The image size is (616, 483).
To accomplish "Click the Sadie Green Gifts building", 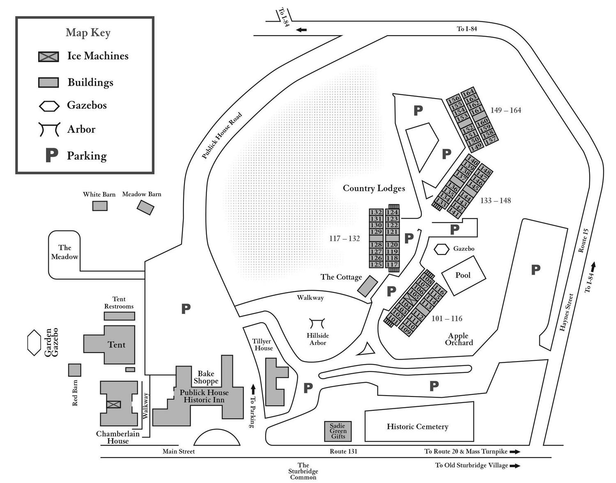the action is coord(338,431).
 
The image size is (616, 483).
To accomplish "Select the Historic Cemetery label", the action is coord(417,427).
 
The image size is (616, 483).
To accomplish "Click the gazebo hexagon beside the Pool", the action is coord(441,249).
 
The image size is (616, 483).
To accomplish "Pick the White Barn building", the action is coord(100,206).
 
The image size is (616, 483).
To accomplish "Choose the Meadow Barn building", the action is coord(145,208).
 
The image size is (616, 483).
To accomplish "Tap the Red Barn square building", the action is coord(75,370).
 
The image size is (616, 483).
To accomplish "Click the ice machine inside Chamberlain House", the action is coord(114,405).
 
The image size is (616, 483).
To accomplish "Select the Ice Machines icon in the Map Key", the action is coord(48,57).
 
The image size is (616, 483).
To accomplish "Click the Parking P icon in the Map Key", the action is coord(52,155).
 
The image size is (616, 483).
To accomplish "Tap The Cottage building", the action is coord(368,286).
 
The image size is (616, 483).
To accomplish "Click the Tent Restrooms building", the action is coord(120,316).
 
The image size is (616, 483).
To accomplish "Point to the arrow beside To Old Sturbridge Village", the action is coord(515,466).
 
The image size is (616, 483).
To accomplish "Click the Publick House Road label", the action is coord(222,135).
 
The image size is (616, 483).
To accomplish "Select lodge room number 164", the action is coord(468,92).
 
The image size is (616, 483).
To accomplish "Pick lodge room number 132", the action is coord(376,212).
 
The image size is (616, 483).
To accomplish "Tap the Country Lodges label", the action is coord(374,188).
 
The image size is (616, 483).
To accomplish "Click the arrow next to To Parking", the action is coord(253,389).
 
